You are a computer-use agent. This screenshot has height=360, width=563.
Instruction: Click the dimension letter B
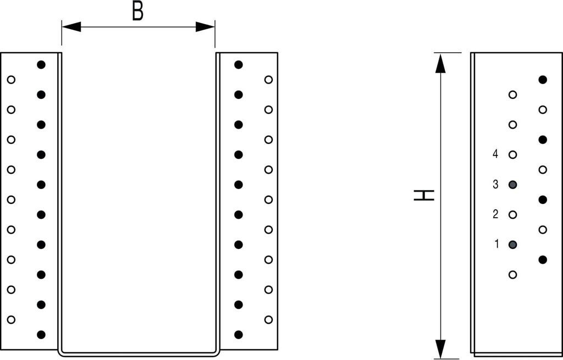[138, 12]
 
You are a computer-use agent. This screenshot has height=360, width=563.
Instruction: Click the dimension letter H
[424, 195]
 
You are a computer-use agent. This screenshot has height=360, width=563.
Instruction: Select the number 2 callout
[495, 214]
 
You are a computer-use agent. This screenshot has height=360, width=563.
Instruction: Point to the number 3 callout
[495, 185]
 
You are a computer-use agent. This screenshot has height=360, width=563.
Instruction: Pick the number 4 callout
[495, 154]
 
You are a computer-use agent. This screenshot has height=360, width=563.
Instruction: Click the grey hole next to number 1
[513, 245]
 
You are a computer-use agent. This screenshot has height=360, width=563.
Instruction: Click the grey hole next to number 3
[513, 185]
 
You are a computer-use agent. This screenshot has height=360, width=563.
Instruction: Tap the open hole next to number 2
[513, 214]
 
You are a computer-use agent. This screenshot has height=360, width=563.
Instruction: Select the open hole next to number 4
[513, 154]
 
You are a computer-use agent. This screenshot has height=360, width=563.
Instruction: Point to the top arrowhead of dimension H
[440, 63]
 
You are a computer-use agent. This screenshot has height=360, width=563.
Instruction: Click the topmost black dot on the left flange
[41, 64]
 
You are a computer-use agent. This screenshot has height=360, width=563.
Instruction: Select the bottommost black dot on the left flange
[41, 334]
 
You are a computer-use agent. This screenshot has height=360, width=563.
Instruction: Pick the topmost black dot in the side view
[543, 80]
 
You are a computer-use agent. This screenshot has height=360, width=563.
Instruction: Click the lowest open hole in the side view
[513, 274]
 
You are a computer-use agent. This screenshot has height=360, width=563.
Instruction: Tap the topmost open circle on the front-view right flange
[268, 80]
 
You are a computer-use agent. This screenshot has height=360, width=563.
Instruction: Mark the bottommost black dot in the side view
[543, 259]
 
